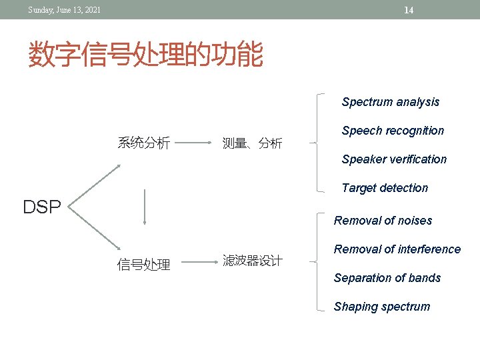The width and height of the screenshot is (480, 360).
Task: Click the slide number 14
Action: (x=409, y=10)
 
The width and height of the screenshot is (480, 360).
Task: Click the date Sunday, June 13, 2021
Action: (x=64, y=10)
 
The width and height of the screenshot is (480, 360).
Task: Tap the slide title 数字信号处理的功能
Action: (x=145, y=55)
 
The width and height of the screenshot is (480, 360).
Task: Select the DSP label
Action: (x=42, y=207)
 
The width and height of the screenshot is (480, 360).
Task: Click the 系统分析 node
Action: (x=143, y=143)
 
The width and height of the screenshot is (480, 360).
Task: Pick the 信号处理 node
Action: (x=143, y=265)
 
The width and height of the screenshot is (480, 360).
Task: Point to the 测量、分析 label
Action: (x=252, y=143)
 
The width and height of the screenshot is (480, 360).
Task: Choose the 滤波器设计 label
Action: (x=252, y=261)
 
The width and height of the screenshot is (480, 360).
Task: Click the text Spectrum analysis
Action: (x=391, y=102)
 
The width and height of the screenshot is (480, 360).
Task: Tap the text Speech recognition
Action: (x=393, y=131)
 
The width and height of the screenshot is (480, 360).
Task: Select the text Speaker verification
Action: (x=394, y=159)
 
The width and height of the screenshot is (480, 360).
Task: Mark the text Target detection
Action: (x=385, y=188)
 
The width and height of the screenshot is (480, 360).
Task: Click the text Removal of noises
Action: (x=383, y=221)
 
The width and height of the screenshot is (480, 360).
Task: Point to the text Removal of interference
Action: (x=397, y=249)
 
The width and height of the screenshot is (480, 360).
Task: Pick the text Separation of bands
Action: (x=387, y=278)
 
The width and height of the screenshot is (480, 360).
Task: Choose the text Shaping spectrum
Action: (x=382, y=307)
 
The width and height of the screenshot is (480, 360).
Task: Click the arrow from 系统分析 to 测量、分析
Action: (x=196, y=143)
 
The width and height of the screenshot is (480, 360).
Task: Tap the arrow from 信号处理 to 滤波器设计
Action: (x=196, y=263)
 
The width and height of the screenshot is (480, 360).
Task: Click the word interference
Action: (x=429, y=249)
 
